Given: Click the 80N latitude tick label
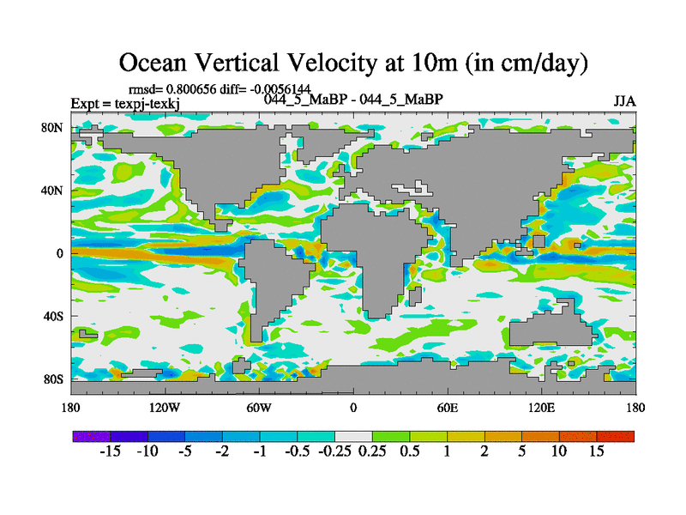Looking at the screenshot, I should coord(52,128).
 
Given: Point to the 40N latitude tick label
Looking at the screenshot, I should coord(52,191).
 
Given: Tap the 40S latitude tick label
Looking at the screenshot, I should coord(52,316).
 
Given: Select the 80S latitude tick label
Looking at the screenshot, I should coord(52,379).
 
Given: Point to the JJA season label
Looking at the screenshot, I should coord(624,100).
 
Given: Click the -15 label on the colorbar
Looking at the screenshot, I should coord(109,451).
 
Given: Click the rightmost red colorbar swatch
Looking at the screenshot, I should coord(616,436).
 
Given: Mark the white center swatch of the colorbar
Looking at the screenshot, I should coord(353,436).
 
